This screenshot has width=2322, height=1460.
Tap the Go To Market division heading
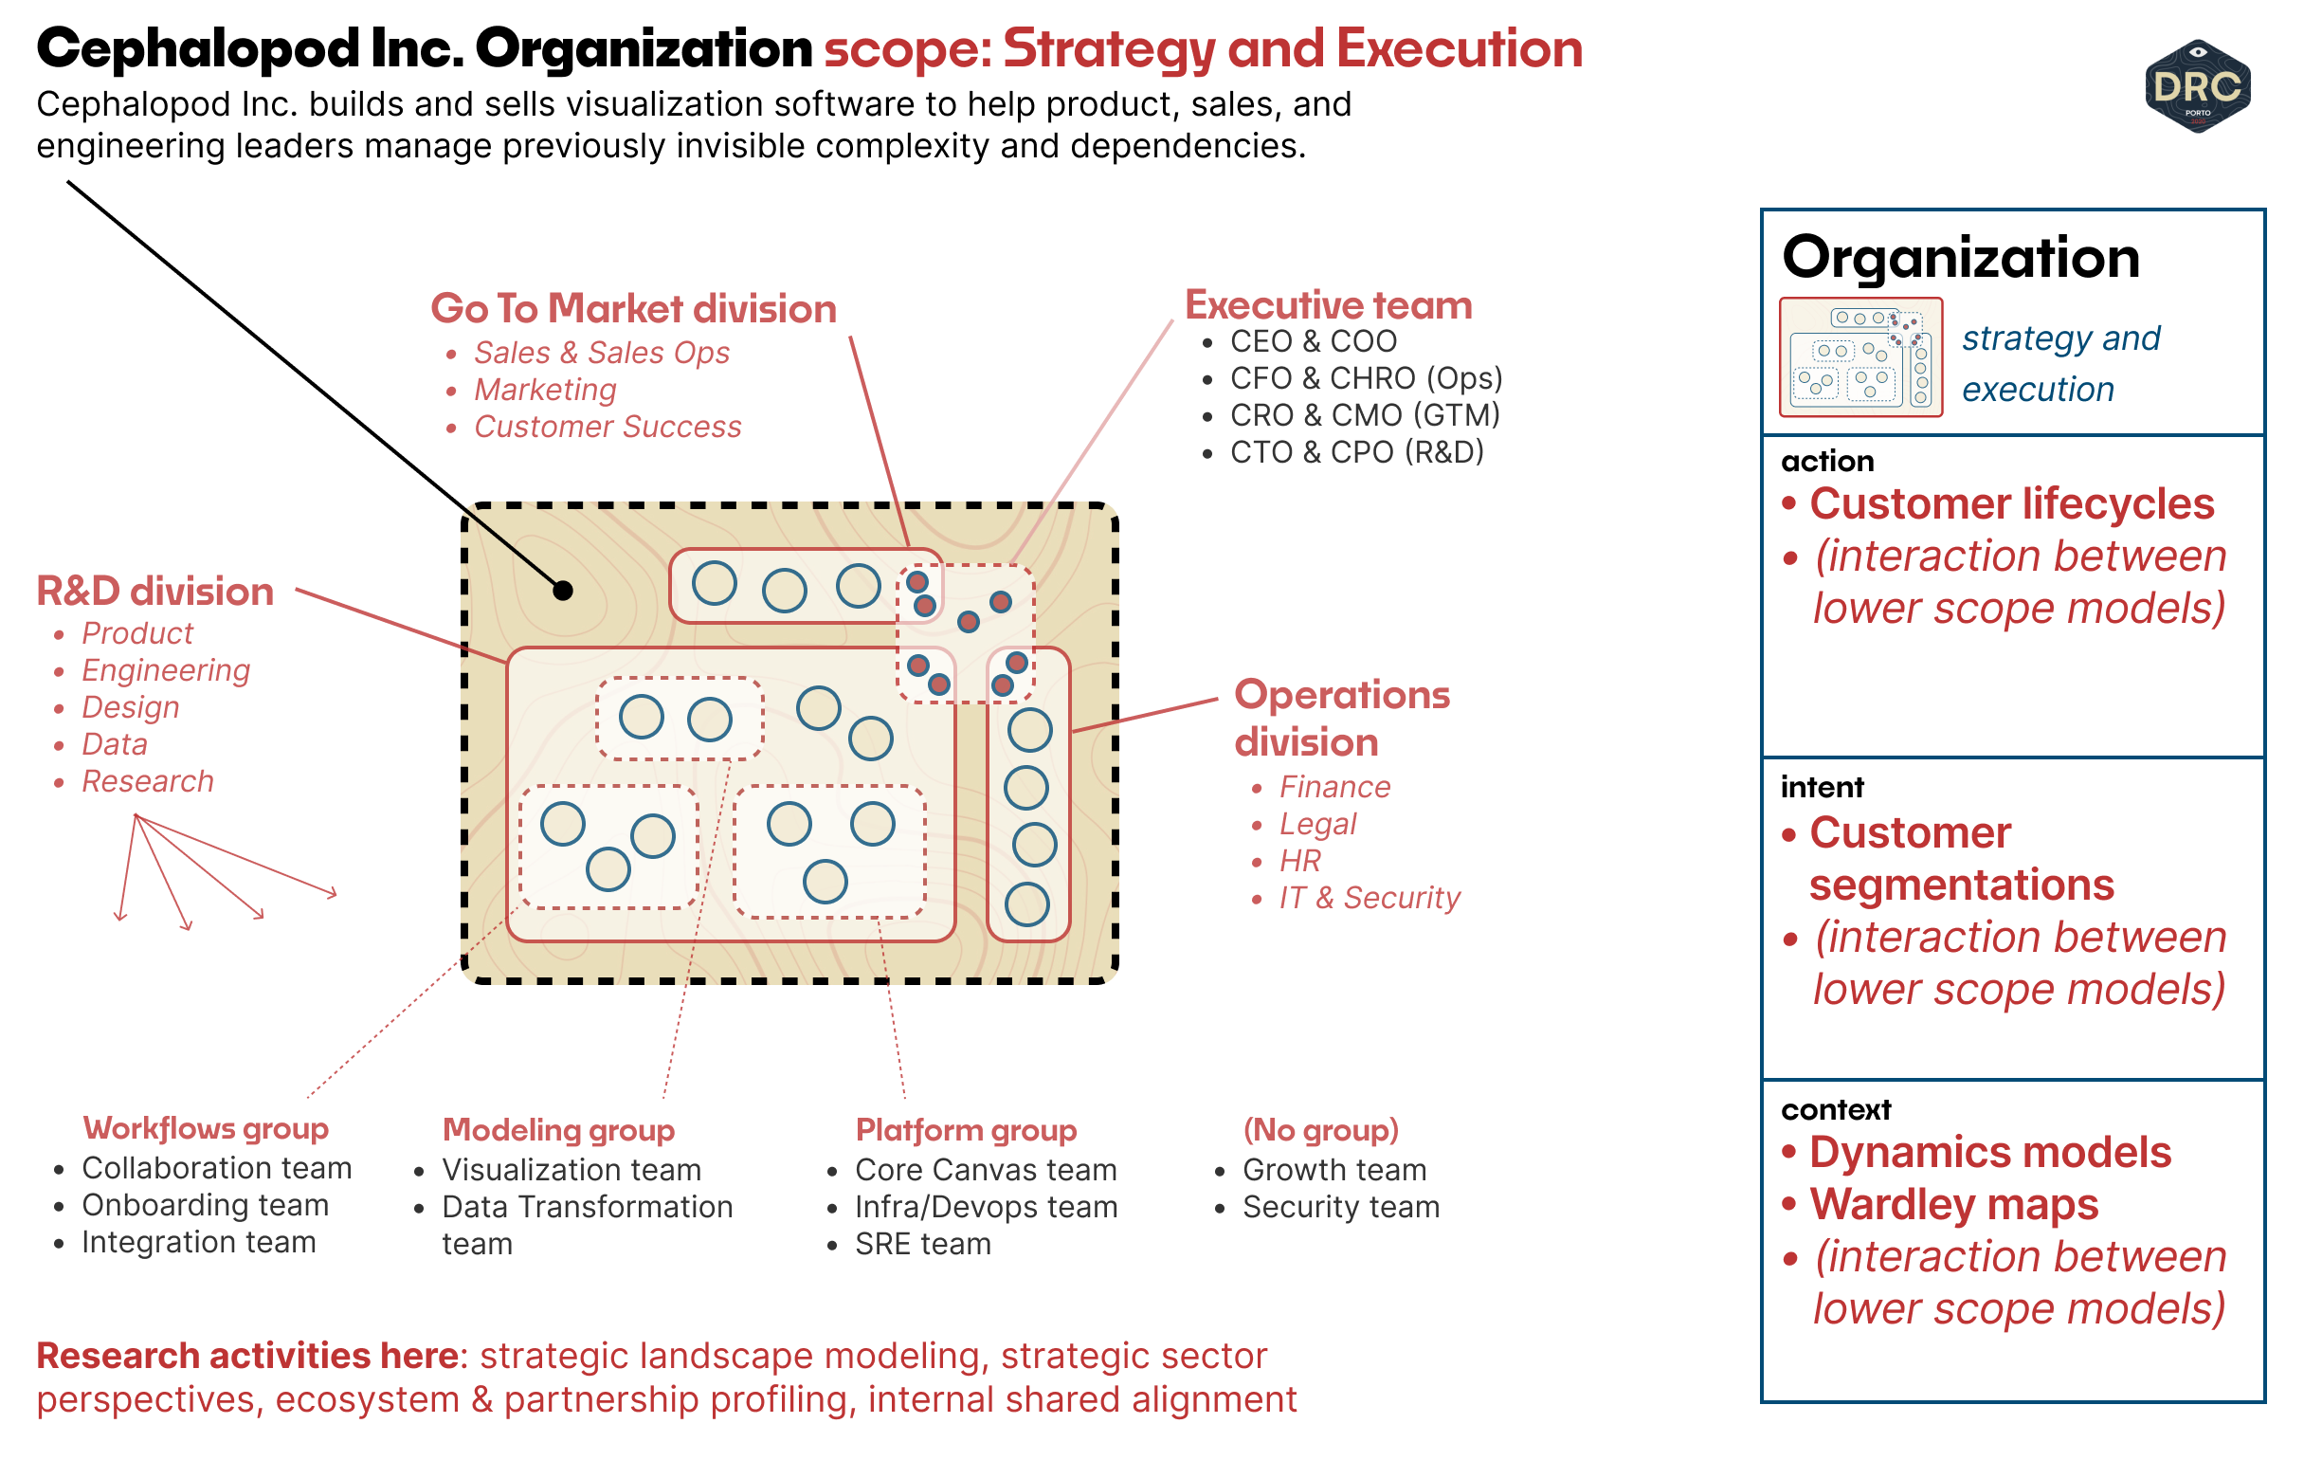pyautogui.click(x=632, y=308)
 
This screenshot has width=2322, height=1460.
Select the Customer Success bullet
pyautogui.click(x=607, y=427)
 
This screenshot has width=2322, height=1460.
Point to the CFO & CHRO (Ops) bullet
pyautogui.click(x=1365, y=378)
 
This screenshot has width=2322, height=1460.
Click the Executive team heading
pyautogui.click(x=1328, y=304)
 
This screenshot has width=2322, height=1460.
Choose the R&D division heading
pyautogui.click(x=155, y=592)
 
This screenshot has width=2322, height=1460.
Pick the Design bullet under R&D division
pyautogui.click(x=130, y=707)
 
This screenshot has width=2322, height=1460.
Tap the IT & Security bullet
pyautogui.click(x=1369, y=898)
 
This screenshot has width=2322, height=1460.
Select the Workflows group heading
pyautogui.click(x=206, y=1128)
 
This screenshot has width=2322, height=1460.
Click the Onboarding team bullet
pyautogui.click(x=205, y=1204)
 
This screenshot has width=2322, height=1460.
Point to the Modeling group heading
pyautogui.click(x=558, y=1129)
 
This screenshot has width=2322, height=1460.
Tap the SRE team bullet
pyautogui.click(x=922, y=1244)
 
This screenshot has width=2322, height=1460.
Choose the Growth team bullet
pyautogui.click(x=1333, y=1170)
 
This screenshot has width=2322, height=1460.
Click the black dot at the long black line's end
pyautogui.click(x=563, y=591)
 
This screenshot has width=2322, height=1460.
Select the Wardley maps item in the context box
pyautogui.click(x=1952, y=1204)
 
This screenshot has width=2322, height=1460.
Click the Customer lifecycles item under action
pyautogui.click(x=2010, y=503)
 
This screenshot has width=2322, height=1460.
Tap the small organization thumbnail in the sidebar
pyautogui.click(x=1860, y=357)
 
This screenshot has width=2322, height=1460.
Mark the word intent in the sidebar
pyautogui.click(x=1821, y=787)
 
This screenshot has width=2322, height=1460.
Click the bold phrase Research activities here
pyautogui.click(x=251, y=1356)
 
